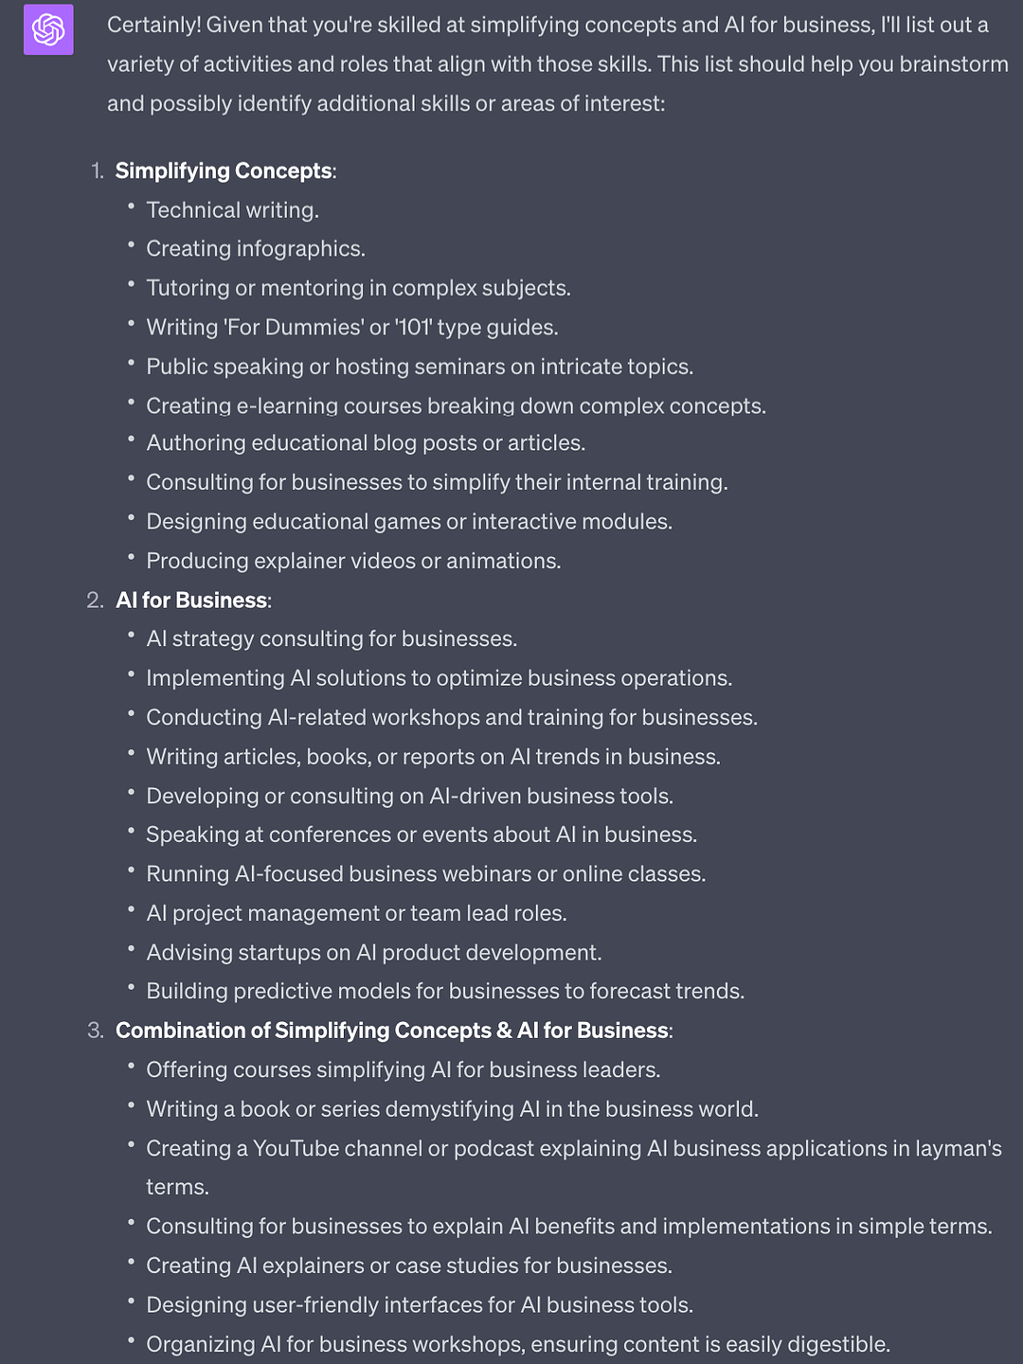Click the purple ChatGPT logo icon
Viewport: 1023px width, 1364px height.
click(x=48, y=29)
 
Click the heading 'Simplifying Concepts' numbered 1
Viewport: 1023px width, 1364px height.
click(x=224, y=170)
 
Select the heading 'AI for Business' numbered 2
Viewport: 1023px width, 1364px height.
click(x=191, y=601)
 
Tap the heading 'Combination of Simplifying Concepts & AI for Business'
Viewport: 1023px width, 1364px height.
click(x=392, y=1031)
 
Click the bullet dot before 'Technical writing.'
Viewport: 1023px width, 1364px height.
click(x=132, y=207)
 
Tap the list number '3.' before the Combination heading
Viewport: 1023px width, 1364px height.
click(x=96, y=1031)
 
